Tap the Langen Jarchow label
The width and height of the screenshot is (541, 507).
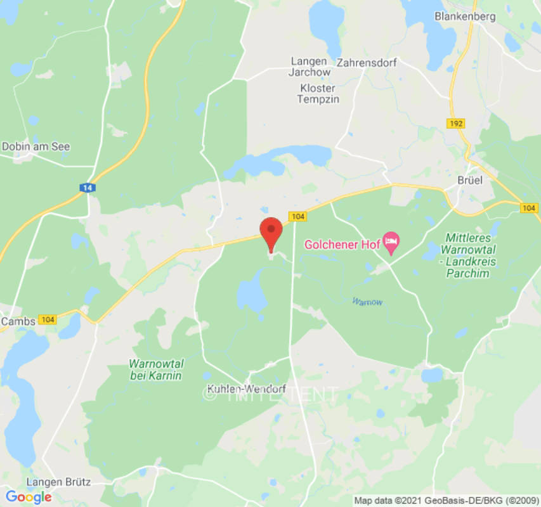(x=310, y=67)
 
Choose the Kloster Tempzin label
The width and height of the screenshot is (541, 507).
(x=318, y=94)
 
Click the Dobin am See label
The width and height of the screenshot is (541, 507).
(x=36, y=146)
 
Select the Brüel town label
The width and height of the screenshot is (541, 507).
(x=470, y=180)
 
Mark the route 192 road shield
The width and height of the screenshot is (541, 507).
(x=454, y=124)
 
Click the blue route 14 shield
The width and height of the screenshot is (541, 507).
(x=87, y=188)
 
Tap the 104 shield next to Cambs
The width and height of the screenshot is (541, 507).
(x=48, y=319)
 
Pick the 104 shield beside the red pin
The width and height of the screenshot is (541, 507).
(x=299, y=217)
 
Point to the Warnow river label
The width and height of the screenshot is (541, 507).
(x=367, y=302)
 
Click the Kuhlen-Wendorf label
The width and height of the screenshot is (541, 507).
(x=247, y=388)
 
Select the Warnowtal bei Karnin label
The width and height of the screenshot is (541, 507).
(x=155, y=369)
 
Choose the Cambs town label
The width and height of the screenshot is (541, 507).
(x=18, y=321)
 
